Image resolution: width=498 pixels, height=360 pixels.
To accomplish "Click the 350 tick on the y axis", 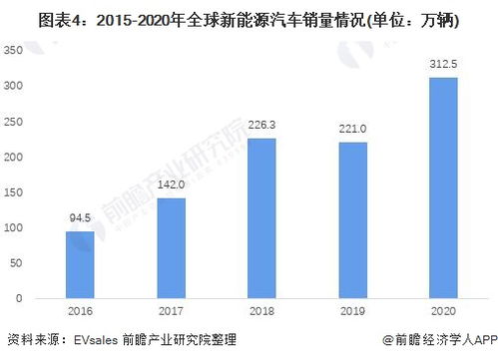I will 14,50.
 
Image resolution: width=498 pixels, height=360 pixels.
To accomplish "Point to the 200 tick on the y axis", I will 14,157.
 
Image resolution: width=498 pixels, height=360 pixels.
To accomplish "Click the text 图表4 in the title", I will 30,16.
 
